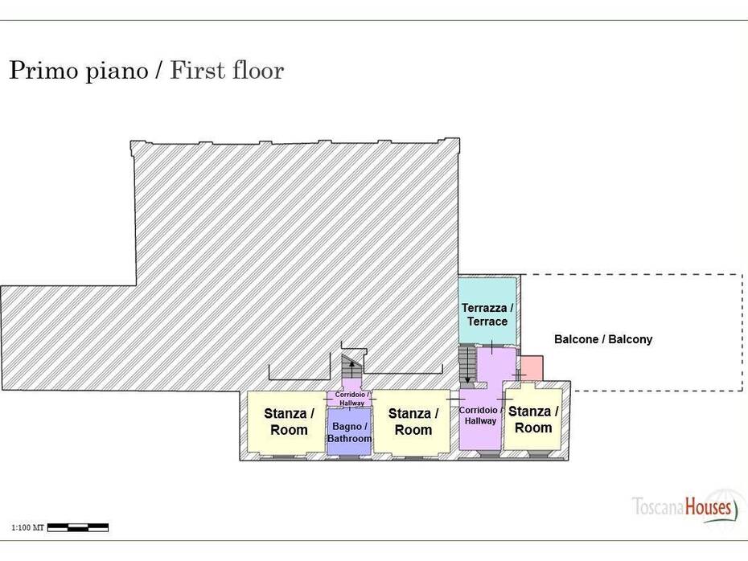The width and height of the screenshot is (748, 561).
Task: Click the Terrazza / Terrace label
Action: [x=487, y=314]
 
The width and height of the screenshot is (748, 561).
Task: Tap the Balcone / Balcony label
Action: [x=603, y=339]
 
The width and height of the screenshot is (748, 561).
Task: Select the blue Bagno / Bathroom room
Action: [x=349, y=432]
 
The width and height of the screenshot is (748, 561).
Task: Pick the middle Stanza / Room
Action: [x=412, y=421]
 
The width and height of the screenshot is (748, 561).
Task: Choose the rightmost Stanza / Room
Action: [x=532, y=419]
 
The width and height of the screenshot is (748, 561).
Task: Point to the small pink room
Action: [x=532, y=368]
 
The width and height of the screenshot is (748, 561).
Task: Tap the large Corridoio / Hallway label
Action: [x=480, y=416]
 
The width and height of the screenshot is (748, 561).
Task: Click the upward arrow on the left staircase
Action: [x=352, y=370]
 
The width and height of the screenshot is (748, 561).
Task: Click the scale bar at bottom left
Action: [x=78, y=527]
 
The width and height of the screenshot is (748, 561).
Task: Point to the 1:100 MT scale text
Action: [x=27, y=527]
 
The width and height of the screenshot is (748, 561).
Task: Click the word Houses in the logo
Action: [x=709, y=506]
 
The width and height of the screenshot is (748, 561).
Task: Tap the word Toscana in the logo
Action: [x=658, y=506]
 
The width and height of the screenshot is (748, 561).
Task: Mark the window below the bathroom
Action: [x=349, y=457]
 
